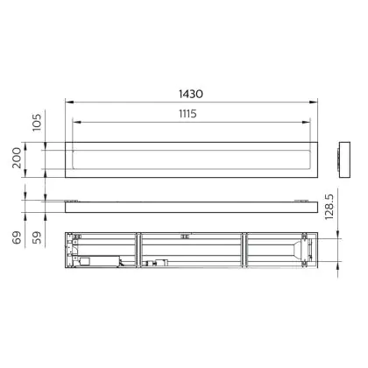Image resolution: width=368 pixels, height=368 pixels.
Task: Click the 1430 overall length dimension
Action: click(191, 94)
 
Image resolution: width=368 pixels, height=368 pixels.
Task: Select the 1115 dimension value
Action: click(188, 114)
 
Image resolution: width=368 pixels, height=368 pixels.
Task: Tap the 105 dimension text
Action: click(37, 123)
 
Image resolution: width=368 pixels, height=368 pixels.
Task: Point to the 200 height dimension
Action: click(17, 158)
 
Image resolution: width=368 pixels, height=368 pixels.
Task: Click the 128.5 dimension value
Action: click(329, 207)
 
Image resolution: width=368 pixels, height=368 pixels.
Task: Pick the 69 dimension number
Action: click(17, 237)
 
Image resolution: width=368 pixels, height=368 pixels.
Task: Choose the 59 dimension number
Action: click(37, 237)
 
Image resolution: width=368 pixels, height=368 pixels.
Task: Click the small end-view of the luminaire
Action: click(344, 159)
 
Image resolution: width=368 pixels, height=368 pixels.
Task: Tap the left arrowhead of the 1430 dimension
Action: click(69, 102)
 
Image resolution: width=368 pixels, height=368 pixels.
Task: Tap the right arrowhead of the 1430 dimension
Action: click(314, 102)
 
